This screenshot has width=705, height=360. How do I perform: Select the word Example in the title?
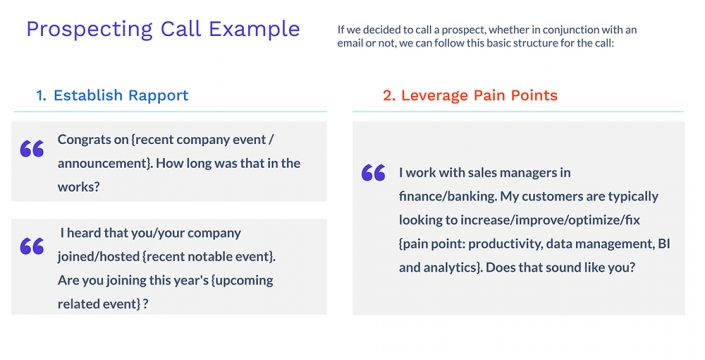point(253,29)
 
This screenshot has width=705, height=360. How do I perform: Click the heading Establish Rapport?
point(121,95)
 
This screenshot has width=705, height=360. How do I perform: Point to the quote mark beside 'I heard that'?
point(32,246)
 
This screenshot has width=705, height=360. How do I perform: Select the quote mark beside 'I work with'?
point(373,173)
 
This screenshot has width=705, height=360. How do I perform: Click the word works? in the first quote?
point(79,186)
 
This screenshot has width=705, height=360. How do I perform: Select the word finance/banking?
point(448,196)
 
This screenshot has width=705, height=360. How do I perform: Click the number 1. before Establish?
point(41,95)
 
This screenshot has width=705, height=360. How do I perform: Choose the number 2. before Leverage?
point(389,95)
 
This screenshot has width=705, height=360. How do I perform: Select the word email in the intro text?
point(355,43)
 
